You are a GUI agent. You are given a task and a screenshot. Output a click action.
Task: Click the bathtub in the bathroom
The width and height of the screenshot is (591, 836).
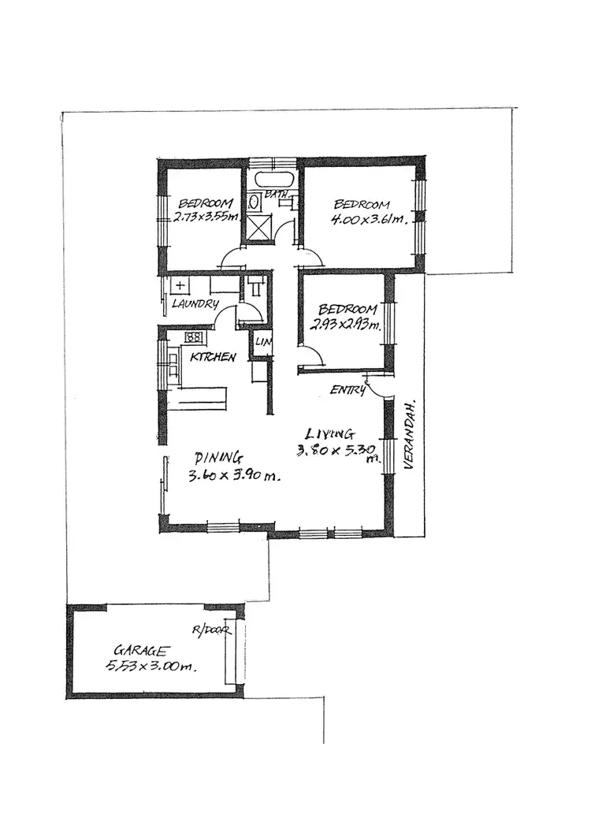point(273,179)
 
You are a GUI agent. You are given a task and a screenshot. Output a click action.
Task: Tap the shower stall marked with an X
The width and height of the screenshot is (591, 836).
point(258,227)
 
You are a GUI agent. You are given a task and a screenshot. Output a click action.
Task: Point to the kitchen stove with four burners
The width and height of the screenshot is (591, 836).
point(193,338)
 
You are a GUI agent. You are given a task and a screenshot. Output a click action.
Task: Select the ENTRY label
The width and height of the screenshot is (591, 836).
point(348,390)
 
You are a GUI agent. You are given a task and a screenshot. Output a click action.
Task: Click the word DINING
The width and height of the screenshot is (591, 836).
point(218,457)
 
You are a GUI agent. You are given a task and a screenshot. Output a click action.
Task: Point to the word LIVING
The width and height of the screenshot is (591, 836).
point(330,433)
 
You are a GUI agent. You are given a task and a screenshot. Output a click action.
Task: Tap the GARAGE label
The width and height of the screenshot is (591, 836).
point(142,651)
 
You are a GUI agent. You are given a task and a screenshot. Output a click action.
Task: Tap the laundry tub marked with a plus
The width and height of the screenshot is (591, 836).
point(180,285)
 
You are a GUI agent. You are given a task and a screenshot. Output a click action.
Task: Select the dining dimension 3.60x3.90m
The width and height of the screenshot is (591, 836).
point(234,476)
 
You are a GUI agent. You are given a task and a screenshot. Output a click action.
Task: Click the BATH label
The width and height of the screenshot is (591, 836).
point(276,194)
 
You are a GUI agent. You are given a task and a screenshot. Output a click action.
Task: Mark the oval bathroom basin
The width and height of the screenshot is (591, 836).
point(255,202)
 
